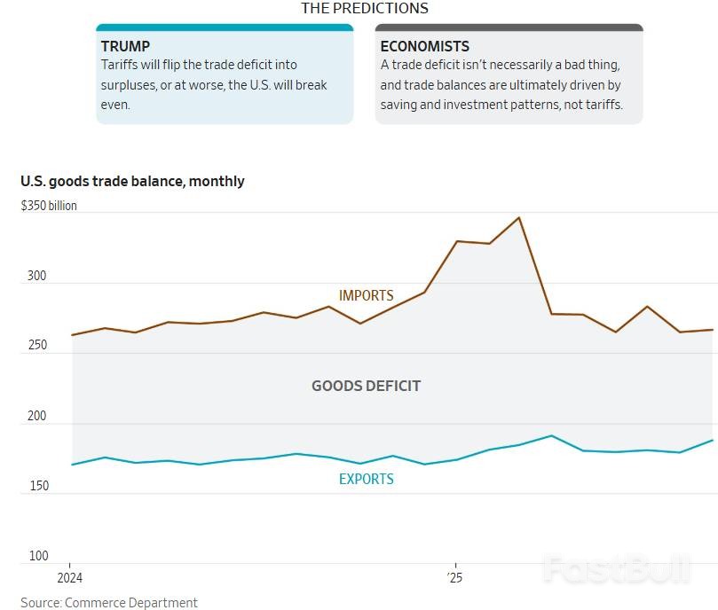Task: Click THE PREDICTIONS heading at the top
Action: (364, 8)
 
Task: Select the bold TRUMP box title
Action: (125, 46)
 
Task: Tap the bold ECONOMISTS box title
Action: (424, 46)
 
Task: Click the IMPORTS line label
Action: (366, 295)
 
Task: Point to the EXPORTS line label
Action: (366, 479)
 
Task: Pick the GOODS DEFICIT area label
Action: (366, 386)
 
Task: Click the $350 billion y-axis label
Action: (49, 206)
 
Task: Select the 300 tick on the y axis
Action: (36, 276)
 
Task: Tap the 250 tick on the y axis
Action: (36, 346)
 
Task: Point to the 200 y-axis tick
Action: (36, 416)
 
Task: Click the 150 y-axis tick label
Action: (36, 486)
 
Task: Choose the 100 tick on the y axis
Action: (37, 556)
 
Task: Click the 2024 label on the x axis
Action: (69, 578)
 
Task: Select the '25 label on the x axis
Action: (455, 578)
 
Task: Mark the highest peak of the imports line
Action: (519, 217)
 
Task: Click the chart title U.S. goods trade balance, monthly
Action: (132, 181)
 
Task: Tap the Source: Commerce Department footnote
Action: (109, 602)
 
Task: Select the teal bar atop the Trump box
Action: (225, 27)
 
